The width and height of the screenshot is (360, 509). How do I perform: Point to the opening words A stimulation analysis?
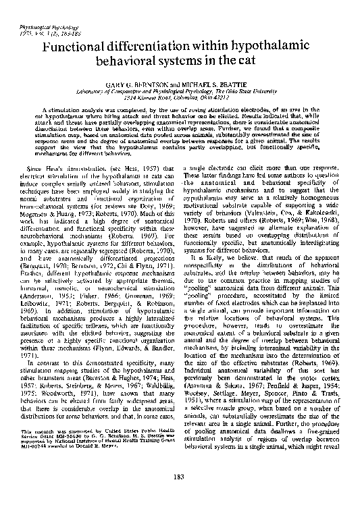click(x=74, y=109)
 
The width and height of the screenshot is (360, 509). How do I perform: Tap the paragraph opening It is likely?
click(x=209, y=275)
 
